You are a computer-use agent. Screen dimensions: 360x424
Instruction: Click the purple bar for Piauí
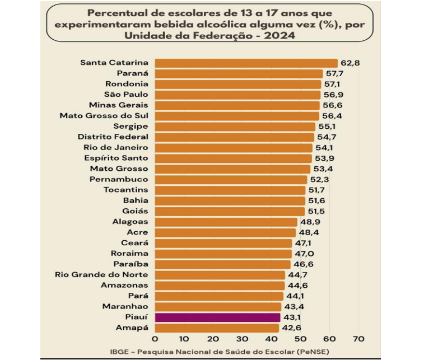point(217,317)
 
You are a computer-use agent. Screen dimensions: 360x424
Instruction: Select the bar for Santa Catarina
point(246,63)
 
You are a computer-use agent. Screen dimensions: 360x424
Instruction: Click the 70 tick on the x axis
point(359,339)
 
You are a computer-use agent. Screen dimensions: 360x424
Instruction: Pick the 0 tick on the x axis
point(155,339)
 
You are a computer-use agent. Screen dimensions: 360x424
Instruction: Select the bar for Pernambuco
point(231,180)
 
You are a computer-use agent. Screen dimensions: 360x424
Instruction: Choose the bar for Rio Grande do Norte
point(220,275)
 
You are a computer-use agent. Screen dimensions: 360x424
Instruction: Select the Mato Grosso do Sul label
point(104,115)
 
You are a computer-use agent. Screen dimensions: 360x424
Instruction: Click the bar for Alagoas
point(226,222)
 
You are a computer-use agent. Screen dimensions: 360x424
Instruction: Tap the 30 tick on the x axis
point(243,339)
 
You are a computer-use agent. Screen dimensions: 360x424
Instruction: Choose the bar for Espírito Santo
point(233,158)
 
